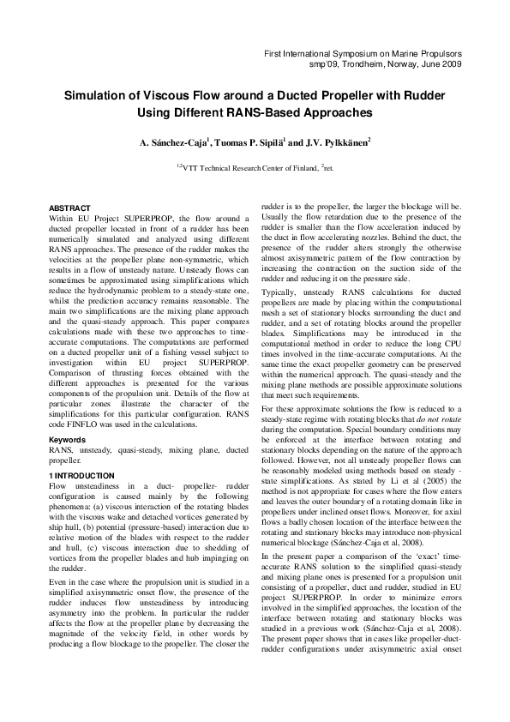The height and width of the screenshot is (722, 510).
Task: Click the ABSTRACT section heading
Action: click(69, 208)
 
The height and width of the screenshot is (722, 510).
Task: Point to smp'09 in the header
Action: click(322, 64)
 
